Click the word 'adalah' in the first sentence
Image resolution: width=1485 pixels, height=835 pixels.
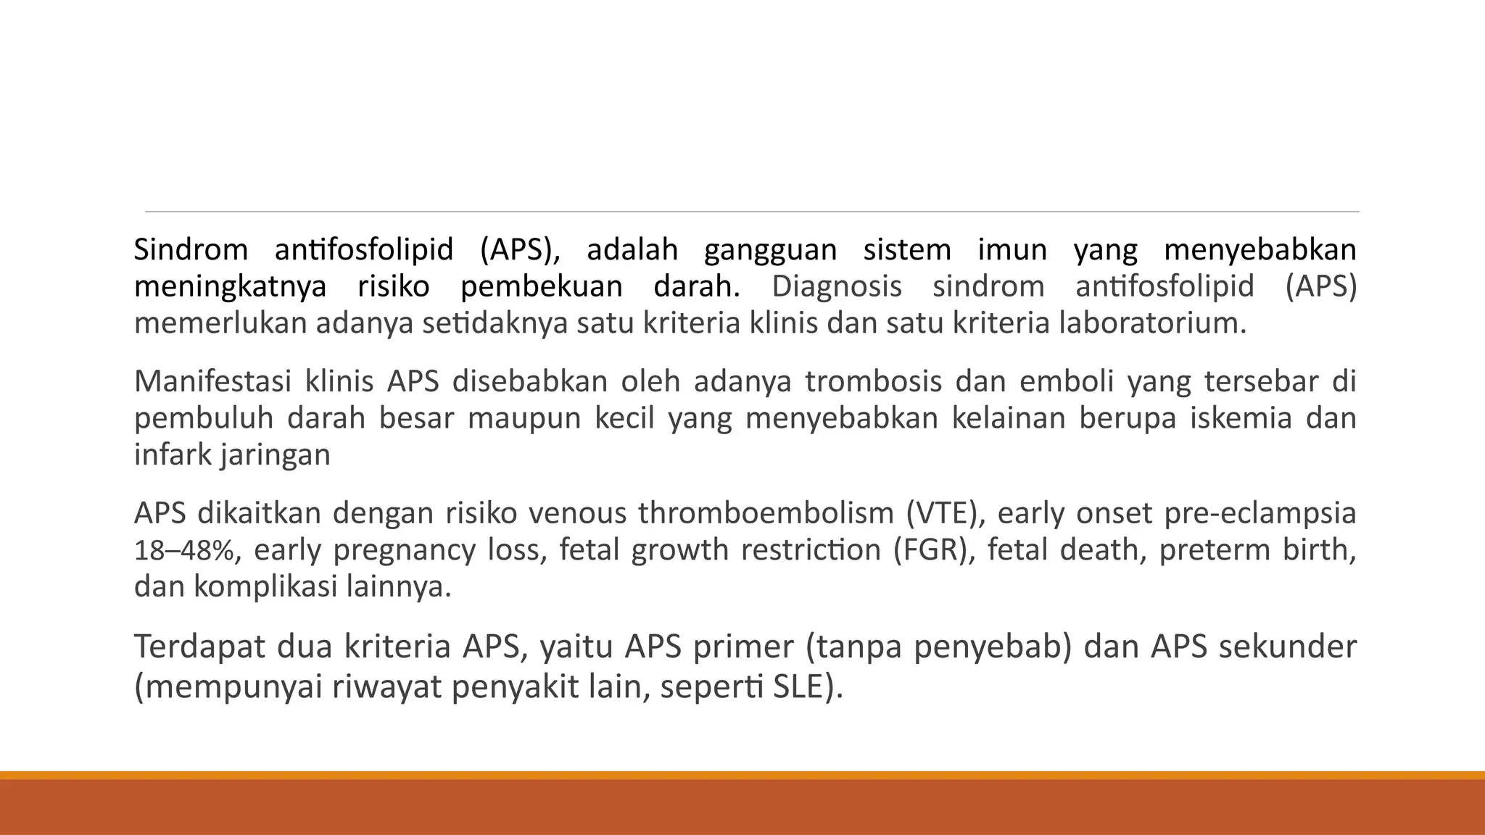(x=632, y=250)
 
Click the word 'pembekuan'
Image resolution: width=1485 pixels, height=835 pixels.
(x=542, y=287)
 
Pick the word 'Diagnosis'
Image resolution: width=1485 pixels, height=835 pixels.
(x=837, y=287)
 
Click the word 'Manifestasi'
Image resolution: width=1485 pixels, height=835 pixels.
(x=212, y=381)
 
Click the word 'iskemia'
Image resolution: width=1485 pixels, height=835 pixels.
(x=1241, y=419)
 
